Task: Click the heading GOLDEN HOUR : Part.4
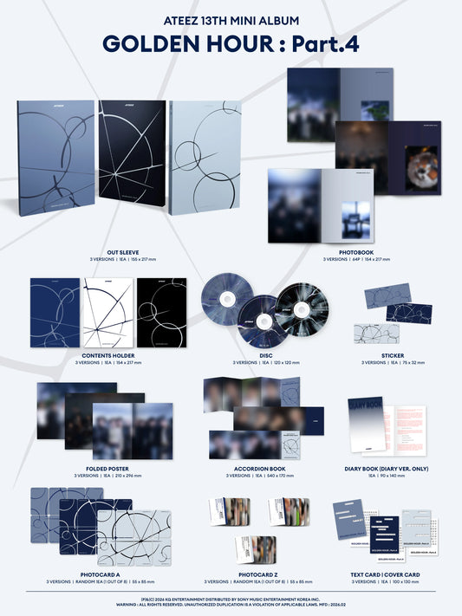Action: (x=231, y=43)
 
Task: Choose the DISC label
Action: (x=249, y=356)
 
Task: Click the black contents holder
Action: (x=161, y=311)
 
